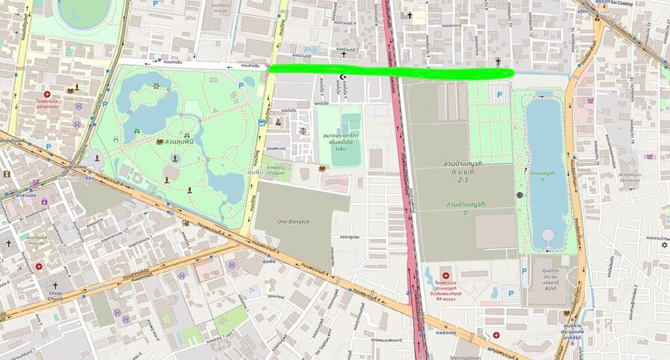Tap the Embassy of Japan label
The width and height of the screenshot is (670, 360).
[275, 169]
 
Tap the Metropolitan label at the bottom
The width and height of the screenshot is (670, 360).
[472, 357]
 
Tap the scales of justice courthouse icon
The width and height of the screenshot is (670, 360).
[302, 130]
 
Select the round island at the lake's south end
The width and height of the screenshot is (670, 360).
[547, 236]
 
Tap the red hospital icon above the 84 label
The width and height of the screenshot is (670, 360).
[447, 276]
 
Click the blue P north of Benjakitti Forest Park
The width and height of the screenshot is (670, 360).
[500, 95]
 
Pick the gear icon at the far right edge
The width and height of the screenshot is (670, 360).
[664, 245]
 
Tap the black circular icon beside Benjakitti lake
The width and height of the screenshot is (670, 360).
[520, 195]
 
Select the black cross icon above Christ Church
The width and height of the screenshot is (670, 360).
[55, 285]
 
